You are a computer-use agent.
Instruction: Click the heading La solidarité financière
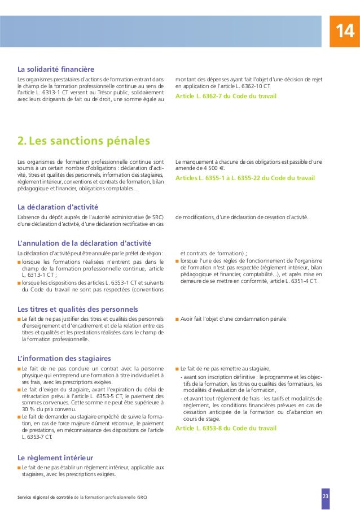click(x=55, y=69)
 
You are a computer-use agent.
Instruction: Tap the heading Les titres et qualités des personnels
click(x=78, y=309)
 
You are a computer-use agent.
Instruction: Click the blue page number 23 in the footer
click(x=325, y=496)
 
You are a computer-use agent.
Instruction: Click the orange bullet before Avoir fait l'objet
click(x=177, y=319)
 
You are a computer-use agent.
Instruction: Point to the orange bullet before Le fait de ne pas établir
click(x=19, y=468)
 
